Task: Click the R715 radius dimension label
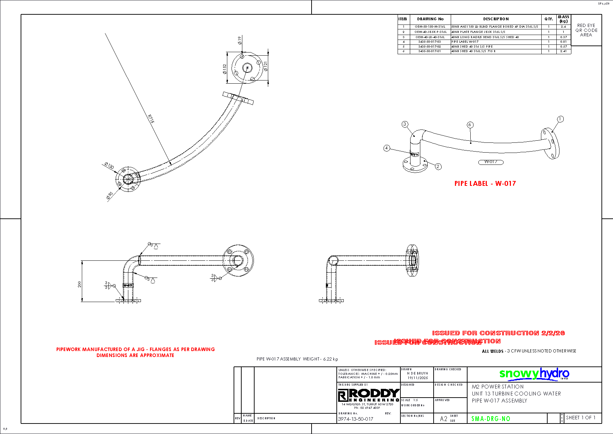151,119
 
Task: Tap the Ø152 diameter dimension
224,69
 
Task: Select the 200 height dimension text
80,284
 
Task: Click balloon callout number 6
470,125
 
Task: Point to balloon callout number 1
560,119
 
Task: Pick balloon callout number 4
386,148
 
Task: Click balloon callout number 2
438,167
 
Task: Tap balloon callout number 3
405,124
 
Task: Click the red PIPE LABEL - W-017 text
485,183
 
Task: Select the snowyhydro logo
534,374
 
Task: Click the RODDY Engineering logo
369,395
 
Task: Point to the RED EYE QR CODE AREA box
586,30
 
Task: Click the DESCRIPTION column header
496,19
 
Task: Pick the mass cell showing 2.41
563,51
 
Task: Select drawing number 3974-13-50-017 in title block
355,419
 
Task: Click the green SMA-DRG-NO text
491,419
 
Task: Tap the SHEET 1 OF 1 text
580,418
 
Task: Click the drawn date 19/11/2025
418,378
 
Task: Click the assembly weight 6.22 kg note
297,359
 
